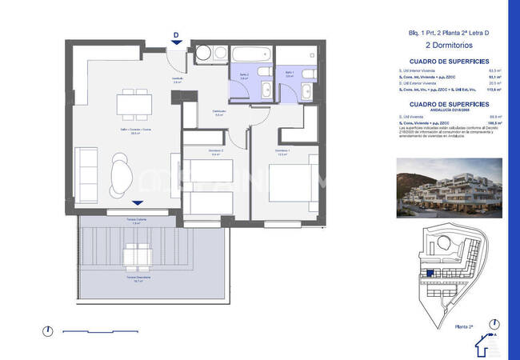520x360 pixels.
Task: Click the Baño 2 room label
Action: click(x=245, y=77)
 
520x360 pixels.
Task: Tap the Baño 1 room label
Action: click(x=290, y=74)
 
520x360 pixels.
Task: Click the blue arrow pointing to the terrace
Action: click(x=138, y=204)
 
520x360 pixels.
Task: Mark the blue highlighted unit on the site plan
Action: click(x=430, y=273)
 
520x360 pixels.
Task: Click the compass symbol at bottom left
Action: click(x=49, y=330)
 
